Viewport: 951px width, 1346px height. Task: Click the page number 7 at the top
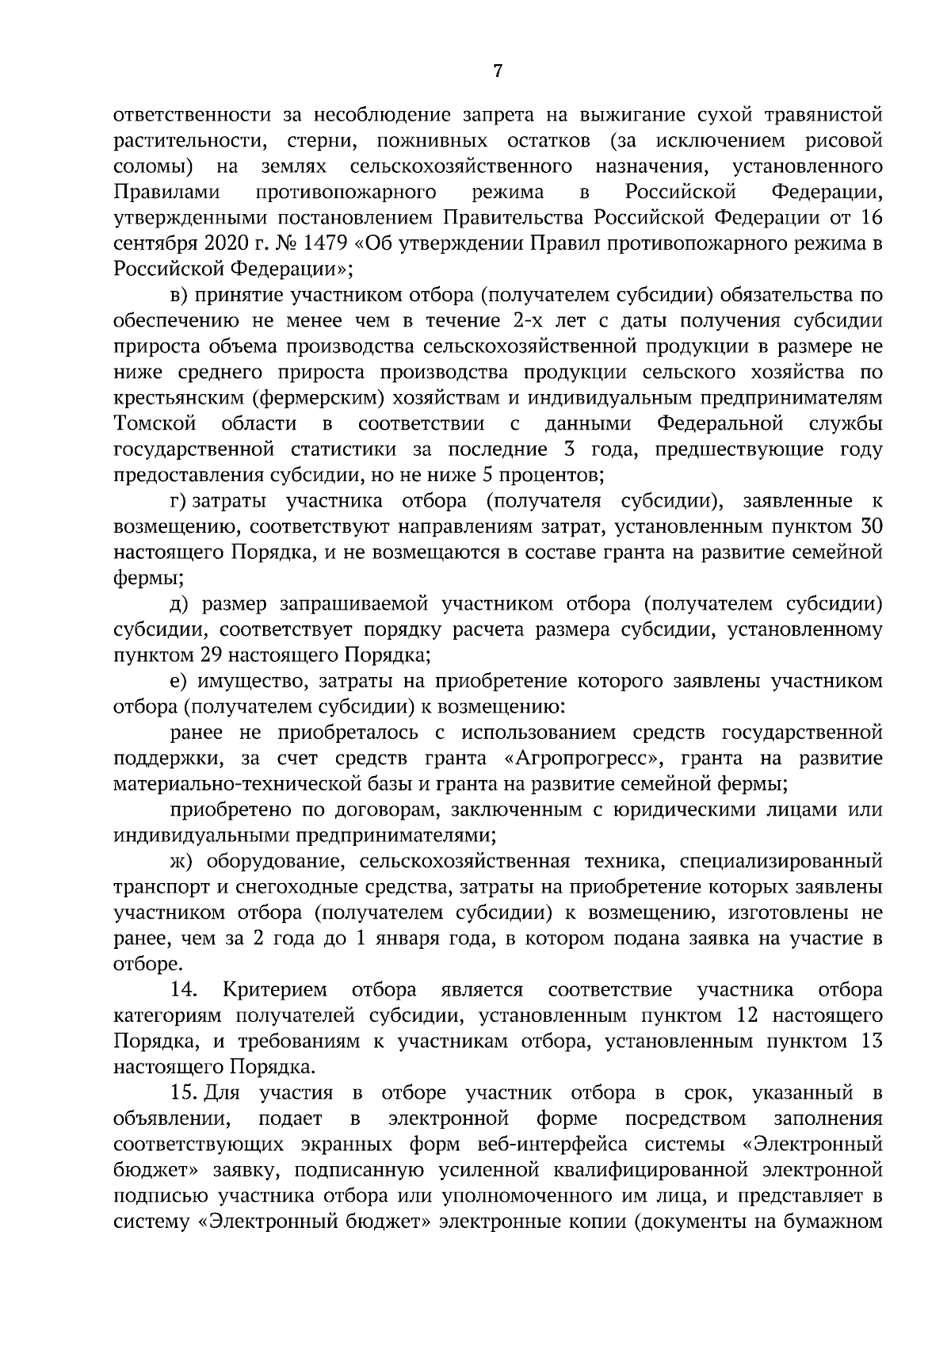click(497, 71)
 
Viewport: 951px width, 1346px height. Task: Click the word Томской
click(155, 423)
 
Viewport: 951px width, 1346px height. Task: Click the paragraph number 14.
click(184, 990)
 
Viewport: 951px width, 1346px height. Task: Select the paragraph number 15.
click(184, 1093)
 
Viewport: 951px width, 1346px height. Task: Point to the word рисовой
click(843, 141)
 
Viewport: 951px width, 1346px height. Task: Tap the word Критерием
click(275, 990)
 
